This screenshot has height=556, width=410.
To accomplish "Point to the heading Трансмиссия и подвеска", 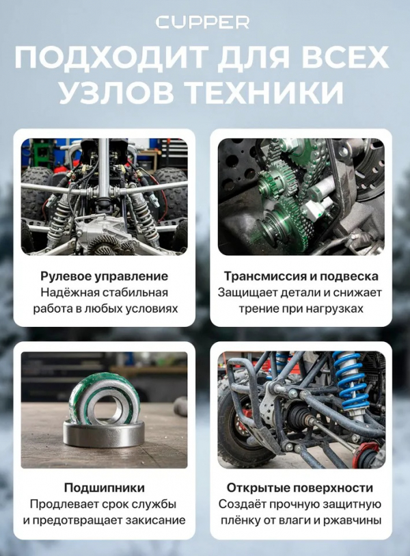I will coord(301,276).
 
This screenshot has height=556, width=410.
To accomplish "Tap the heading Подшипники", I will coord(104,488).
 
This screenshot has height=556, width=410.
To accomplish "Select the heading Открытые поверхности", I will coord(301,488).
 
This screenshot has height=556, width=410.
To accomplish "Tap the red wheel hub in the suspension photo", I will coord(370,454).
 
